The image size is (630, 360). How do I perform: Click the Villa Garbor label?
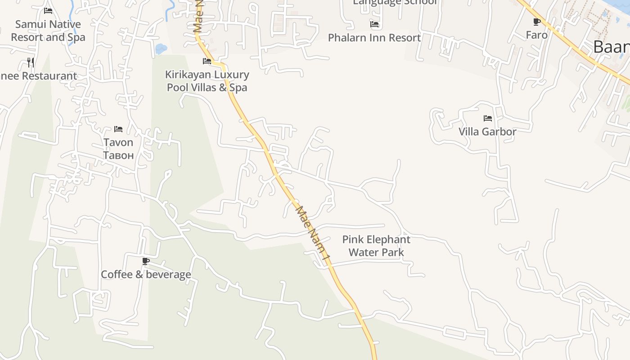[x=487, y=132]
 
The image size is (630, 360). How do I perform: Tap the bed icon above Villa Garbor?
[x=488, y=118]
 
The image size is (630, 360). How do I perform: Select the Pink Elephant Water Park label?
[x=376, y=246]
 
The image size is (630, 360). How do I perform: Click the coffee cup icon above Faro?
[x=536, y=22]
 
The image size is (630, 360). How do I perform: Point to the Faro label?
[x=537, y=35]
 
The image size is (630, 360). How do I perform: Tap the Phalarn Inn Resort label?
[x=374, y=38]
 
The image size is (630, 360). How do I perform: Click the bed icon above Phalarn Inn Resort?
[x=374, y=24]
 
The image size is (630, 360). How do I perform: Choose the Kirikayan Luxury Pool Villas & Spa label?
[x=207, y=81]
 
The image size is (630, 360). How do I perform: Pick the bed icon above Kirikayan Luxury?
[x=207, y=61]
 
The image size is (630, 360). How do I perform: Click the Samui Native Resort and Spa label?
[x=48, y=31]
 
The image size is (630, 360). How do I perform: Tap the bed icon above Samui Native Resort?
[x=48, y=11]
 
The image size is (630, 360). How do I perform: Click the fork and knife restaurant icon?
[x=31, y=62]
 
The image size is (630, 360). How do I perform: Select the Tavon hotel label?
[x=118, y=143]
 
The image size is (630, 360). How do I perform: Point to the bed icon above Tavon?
[x=118, y=129]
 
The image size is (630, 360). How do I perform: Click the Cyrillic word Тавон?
[x=118, y=156]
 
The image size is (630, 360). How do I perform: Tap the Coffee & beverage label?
[x=146, y=274]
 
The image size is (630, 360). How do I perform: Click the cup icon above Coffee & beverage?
[x=146, y=261]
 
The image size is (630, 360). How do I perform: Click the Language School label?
[x=395, y=2]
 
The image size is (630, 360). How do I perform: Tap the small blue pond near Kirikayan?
[x=161, y=48]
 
